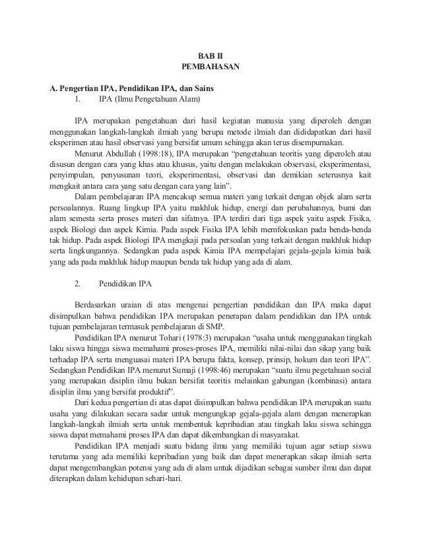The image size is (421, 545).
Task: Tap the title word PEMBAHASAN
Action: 210,67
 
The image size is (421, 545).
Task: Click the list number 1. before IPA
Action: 78,100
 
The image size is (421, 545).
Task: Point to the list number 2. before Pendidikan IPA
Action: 78,284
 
